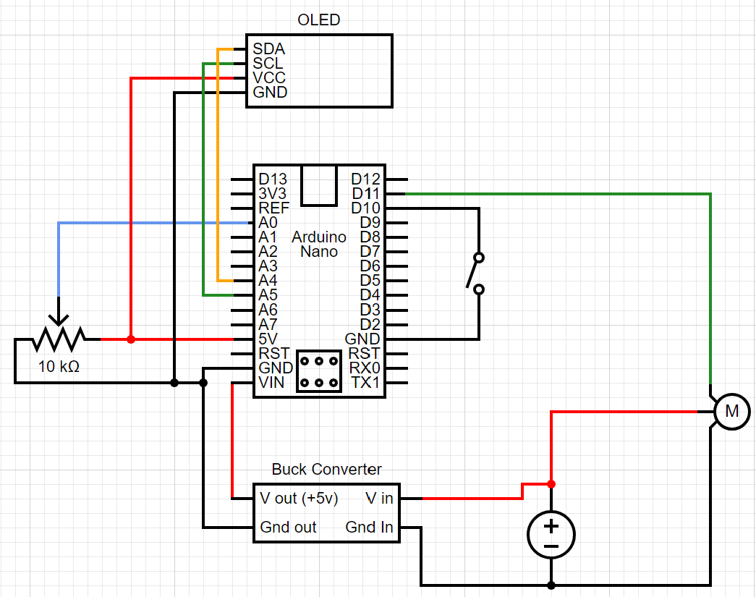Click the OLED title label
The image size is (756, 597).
coord(319,20)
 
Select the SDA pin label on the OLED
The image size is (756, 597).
coord(268,49)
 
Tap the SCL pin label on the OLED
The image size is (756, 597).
coord(268,64)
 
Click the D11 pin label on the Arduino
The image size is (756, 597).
coord(365,194)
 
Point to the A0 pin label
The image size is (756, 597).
coord(268,223)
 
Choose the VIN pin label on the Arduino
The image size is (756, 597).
coord(271,382)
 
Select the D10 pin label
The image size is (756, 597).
coord(365,208)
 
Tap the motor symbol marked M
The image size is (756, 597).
coord(732,412)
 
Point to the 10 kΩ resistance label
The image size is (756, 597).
coord(59,367)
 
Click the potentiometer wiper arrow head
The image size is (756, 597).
coord(59,319)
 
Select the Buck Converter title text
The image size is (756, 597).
coord(326,470)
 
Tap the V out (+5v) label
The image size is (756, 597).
coord(299,499)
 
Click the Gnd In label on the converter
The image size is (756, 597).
coord(369,528)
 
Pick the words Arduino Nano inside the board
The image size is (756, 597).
coord(319,245)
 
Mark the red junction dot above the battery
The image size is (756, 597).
coord(551,484)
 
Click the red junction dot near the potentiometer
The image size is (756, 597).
coord(131,339)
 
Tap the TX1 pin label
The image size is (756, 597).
coord(365,382)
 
